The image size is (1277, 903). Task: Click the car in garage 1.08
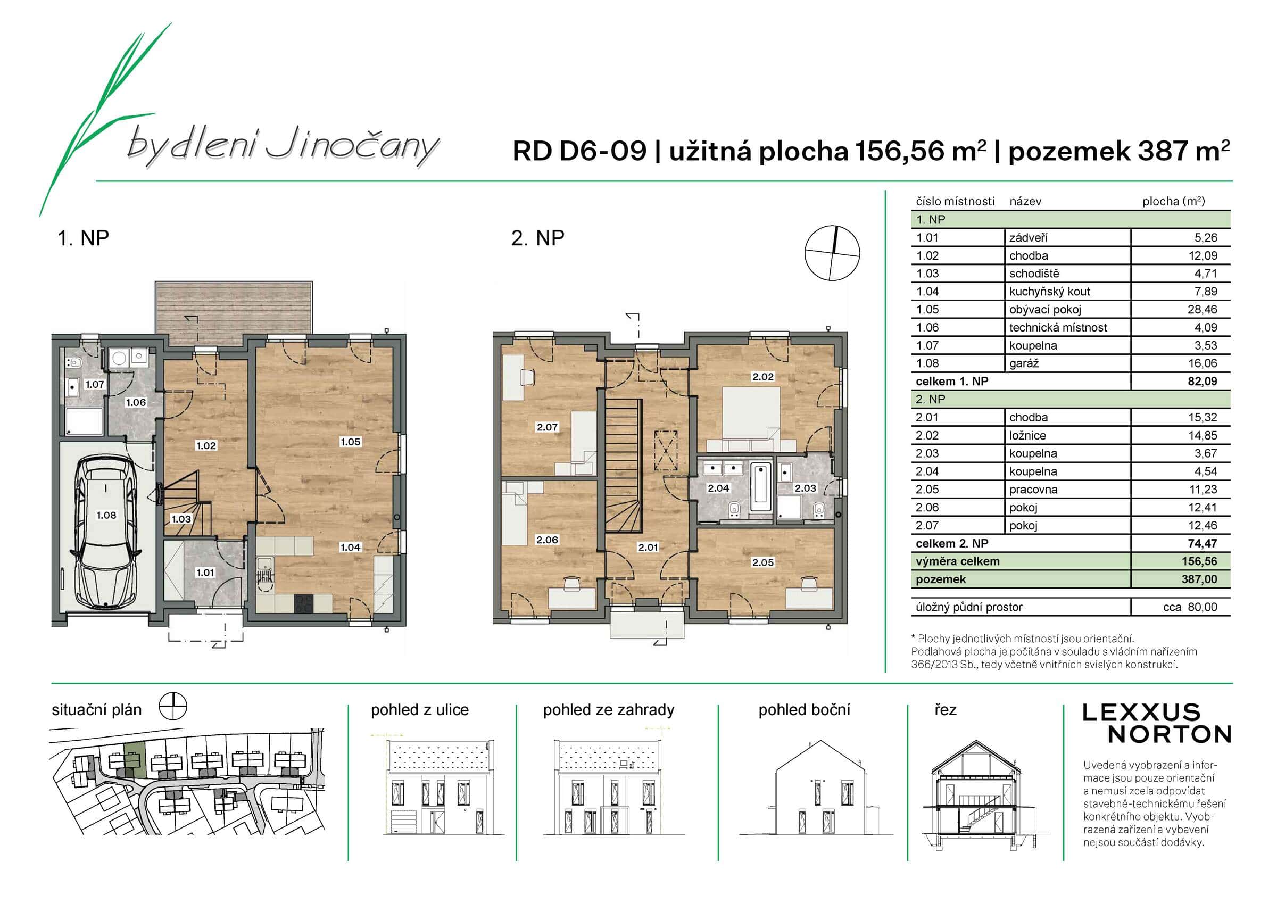(x=106, y=532)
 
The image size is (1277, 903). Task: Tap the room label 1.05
(x=351, y=442)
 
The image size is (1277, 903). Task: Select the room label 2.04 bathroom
(x=718, y=488)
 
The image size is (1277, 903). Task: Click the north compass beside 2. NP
(x=832, y=253)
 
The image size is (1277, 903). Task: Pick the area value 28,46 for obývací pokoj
(x=1202, y=309)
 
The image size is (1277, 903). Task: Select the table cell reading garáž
(x=1024, y=363)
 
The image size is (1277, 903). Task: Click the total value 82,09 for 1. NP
(x=1202, y=382)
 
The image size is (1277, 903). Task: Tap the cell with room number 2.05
(x=927, y=490)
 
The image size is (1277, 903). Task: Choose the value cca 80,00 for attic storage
(x=1190, y=607)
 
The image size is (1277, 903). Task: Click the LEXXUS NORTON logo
(x=1157, y=723)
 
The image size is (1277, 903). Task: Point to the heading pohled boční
(x=803, y=710)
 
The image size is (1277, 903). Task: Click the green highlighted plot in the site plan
(x=134, y=760)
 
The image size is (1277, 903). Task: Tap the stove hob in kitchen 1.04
(x=304, y=603)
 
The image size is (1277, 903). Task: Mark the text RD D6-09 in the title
(x=579, y=151)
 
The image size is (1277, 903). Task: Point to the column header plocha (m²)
(x=1173, y=202)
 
